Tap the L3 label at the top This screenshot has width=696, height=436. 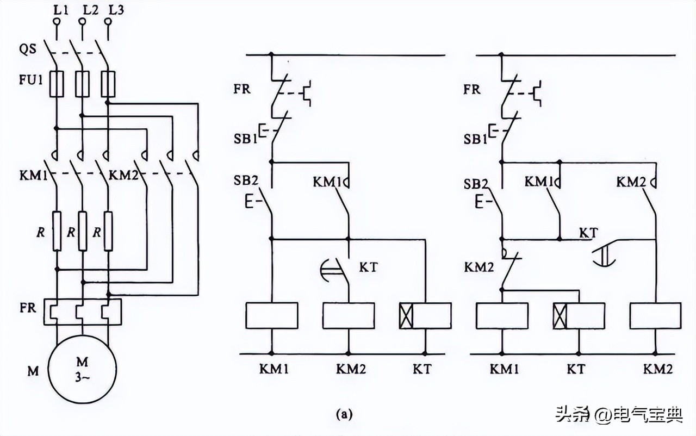tap(114, 9)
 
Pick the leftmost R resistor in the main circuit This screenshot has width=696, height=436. tap(57, 231)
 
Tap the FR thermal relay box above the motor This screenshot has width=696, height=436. tap(83, 312)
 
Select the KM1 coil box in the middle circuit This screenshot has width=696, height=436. tap(272, 316)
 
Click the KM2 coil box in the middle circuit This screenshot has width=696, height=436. tap(349, 316)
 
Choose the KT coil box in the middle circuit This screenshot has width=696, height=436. tap(425, 316)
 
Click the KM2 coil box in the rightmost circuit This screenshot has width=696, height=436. tap(655, 316)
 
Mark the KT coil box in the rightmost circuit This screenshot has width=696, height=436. tap(579, 316)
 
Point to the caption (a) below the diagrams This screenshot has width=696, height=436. tap(344, 415)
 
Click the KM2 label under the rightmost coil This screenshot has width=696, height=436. tap(658, 369)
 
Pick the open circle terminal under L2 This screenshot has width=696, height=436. tap(82, 22)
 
